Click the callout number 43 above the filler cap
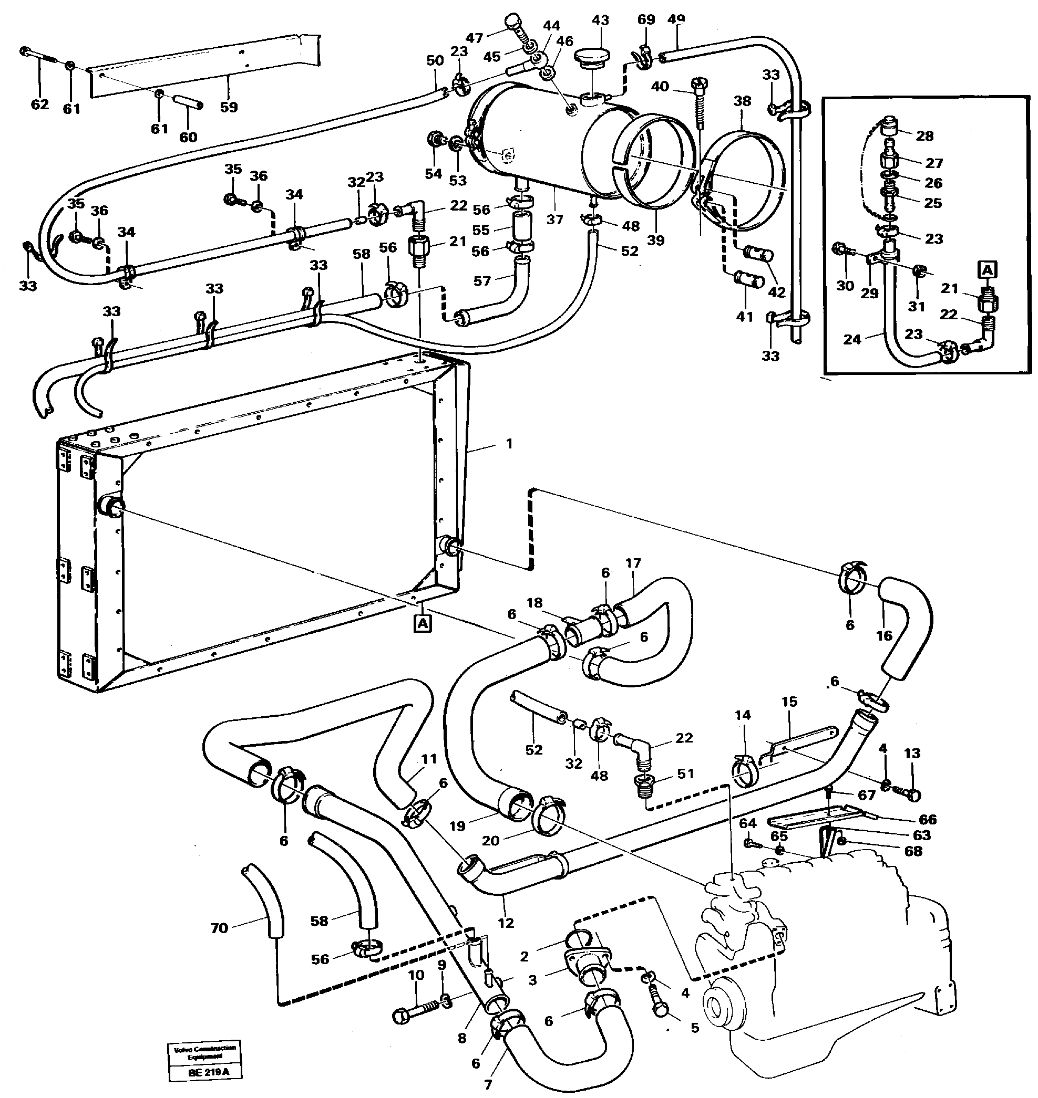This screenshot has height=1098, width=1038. (600, 20)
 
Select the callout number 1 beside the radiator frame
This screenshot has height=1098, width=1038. (509, 443)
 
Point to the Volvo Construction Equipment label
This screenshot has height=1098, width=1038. (205, 1052)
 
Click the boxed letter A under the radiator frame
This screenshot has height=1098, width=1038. (422, 624)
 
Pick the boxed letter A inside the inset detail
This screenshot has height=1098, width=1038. (988, 270)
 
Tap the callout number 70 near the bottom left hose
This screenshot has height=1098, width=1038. (219, 927)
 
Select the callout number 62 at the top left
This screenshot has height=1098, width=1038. (39, 104)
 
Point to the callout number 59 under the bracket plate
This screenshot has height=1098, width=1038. (228, 107)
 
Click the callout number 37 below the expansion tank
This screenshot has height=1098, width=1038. (554, 219)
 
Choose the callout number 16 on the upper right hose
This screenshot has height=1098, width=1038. (884, 635)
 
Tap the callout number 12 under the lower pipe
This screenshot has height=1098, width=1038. (506, 922)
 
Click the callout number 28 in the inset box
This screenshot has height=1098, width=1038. (924, 136)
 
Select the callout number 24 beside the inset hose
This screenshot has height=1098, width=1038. (852, 339)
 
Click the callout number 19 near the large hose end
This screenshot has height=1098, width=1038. (457, 826)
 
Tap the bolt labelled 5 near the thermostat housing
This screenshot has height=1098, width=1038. (659, 1007)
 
